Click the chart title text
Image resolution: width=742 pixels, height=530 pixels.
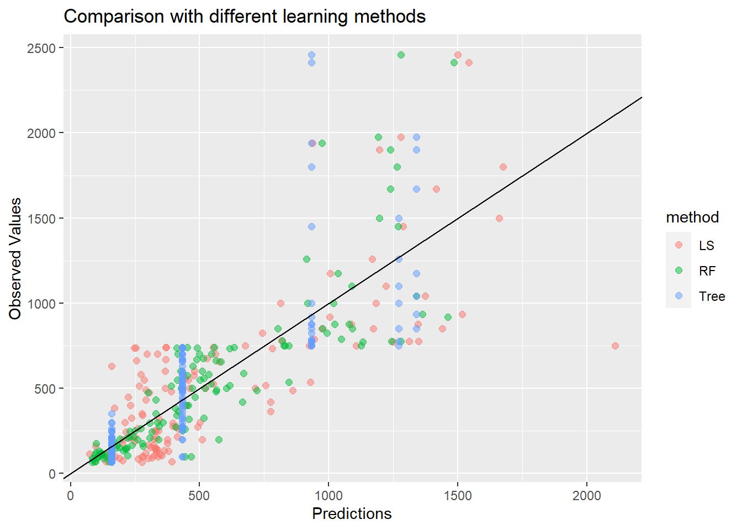coord(245,17)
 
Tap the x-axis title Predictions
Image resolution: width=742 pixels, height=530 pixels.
coord(352,513)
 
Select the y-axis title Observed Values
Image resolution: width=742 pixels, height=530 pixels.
coord(15,258)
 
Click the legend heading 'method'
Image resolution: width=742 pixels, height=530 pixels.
coord(692,218)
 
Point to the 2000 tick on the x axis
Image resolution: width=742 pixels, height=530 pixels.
coord(586,496)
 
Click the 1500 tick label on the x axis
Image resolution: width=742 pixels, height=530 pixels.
coord(458,496)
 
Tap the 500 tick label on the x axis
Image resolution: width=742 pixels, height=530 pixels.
coord(199,496)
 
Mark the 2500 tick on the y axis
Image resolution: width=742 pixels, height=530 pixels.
coord(41,49)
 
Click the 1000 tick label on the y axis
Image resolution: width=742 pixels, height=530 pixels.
coord(41,304)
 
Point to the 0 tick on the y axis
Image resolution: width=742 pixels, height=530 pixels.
coord(52,474)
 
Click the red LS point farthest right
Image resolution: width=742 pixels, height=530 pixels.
coord(615,346)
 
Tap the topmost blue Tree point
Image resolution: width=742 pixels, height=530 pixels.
coord(311,55)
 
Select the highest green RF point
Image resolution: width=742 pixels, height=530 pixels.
coord(401,55)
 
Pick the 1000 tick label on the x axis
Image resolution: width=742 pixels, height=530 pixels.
coord(328,496)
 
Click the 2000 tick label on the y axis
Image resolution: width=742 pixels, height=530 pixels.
coord(41,134)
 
